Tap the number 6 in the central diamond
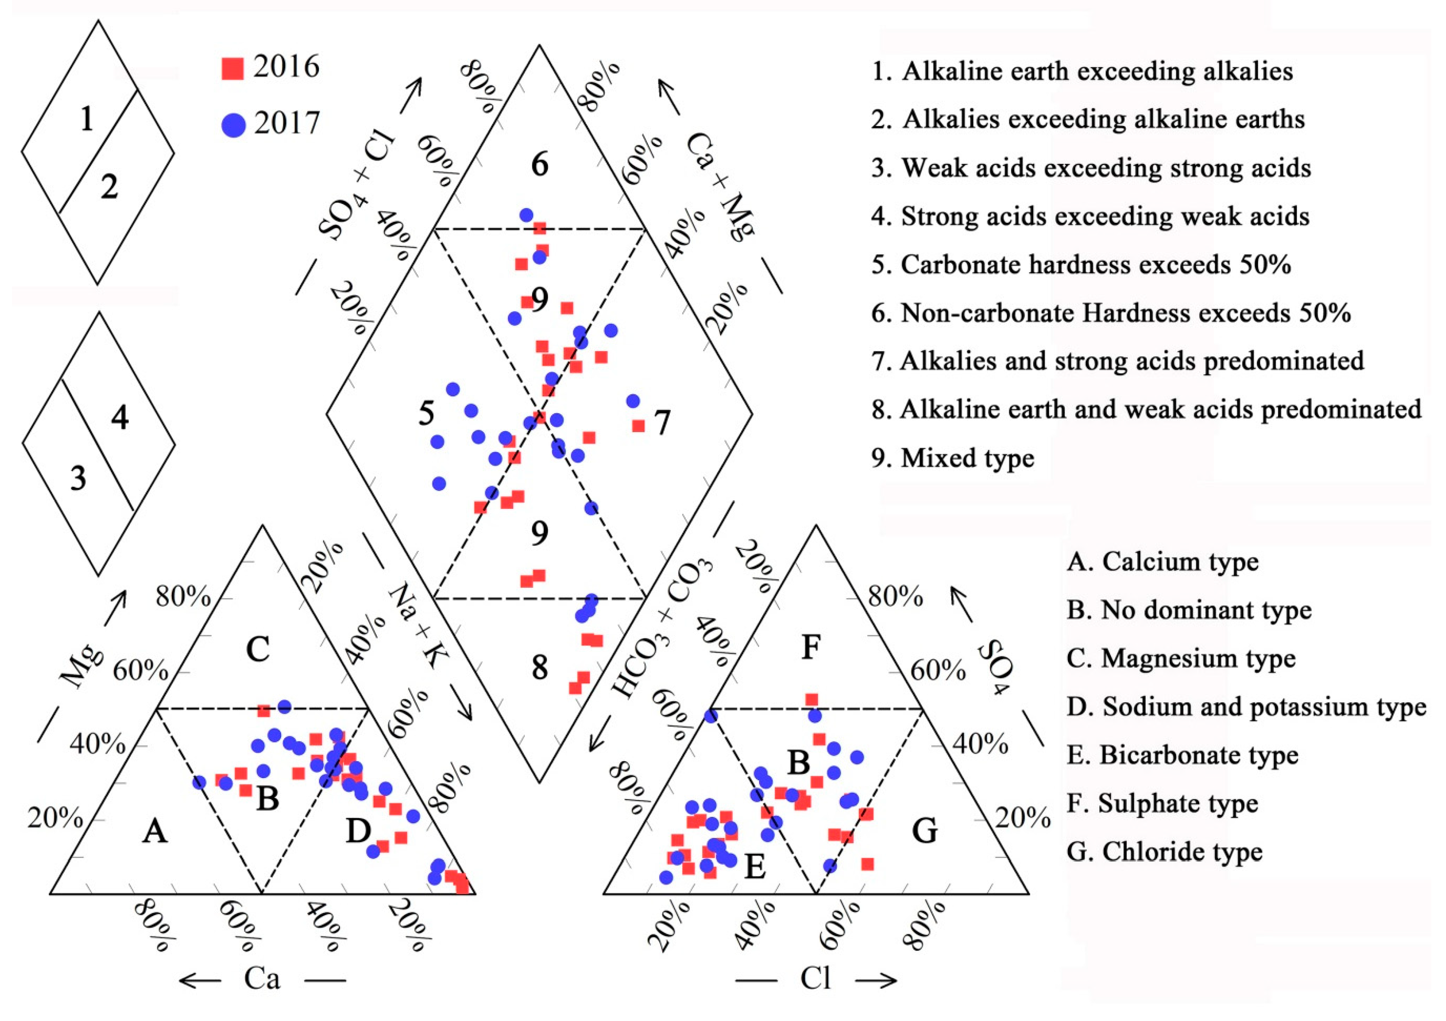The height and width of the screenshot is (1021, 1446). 540,165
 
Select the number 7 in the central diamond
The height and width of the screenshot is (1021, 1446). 662,423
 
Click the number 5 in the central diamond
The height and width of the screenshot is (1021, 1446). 426,414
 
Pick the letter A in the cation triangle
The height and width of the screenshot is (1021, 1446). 155,832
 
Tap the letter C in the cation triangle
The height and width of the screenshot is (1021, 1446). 258,649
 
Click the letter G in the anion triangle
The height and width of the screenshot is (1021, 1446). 925,831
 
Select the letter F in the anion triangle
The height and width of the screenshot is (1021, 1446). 811,647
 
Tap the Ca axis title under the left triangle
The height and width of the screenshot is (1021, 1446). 262,979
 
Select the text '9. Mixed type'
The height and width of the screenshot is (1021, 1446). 952,458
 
